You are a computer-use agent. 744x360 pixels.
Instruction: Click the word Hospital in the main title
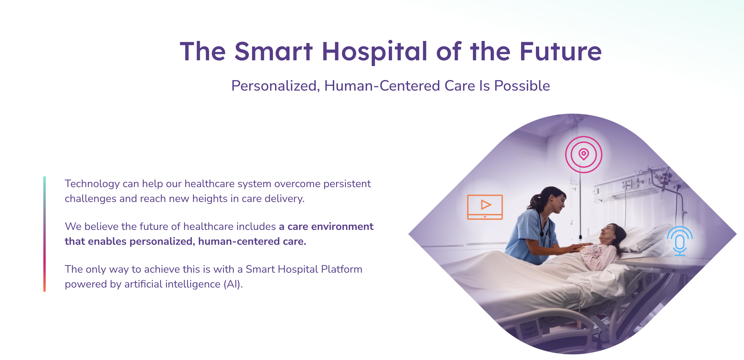[x=375, y=52]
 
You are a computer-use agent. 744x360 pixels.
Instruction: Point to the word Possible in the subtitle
[x=522, y=86]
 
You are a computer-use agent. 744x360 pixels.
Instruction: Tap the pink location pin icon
[x=583, y=154]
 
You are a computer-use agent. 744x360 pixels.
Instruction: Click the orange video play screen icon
[x=485, y=207]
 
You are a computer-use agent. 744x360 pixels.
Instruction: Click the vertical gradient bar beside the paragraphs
[x=45, y=234]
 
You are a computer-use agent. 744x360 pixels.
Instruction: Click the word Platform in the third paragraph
[x=341, y=269]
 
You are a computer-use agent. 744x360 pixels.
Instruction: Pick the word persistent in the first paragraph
[x=347, y=184]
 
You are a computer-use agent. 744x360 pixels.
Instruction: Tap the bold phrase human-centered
[x=239, y=241]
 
